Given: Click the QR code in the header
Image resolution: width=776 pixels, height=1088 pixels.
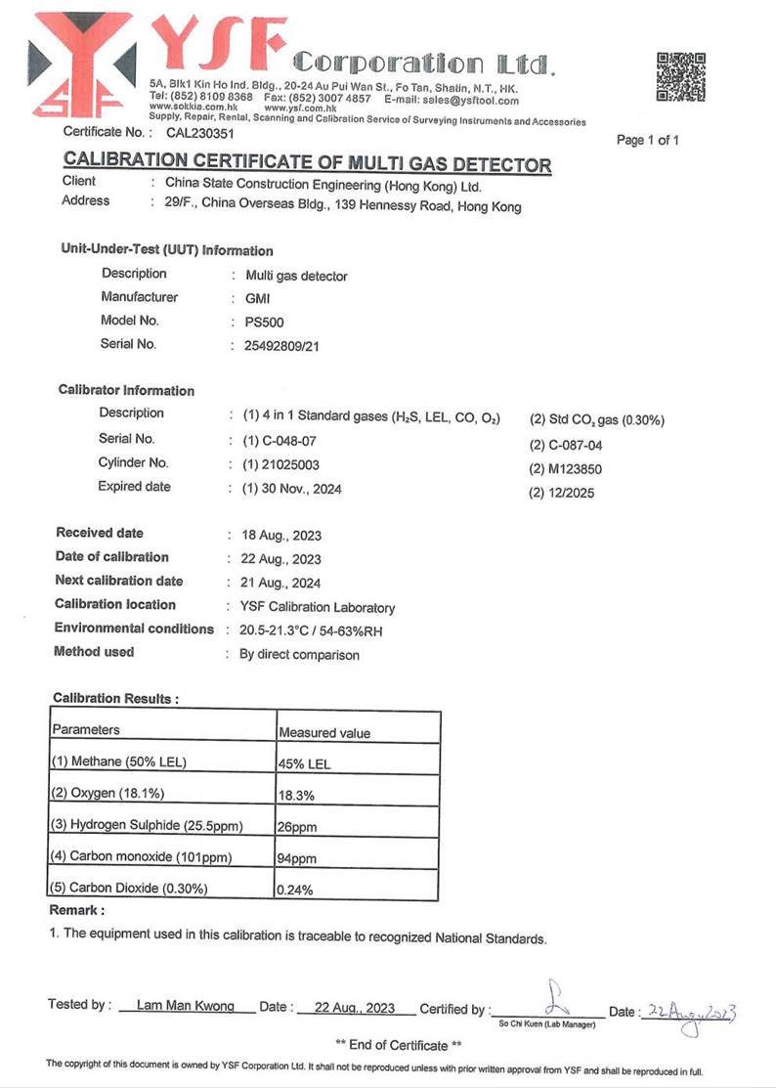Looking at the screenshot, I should pyautogui.click(x=680, y=77).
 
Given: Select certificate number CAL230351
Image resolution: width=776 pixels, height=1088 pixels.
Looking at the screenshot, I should pyautogui.click(x=200, y=132).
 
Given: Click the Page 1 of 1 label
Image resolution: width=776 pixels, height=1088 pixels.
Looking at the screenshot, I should pyautogui.click(x=647, y=140).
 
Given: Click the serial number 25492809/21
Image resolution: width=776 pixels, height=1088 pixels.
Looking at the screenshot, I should pyautogui.click(x=276, y=345).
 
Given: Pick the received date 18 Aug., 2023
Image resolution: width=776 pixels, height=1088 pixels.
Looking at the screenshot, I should pyautogui.click(x=280, y=536).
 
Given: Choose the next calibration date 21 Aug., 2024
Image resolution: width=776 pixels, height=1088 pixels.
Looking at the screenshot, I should pyautogui.click(x=280, y=584).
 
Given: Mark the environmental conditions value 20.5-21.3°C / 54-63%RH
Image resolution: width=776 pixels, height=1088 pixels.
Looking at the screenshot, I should pyautogui.click(x=310, y=631).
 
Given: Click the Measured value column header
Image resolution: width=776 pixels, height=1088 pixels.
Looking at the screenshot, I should pyautogui.click(x=324, y=732).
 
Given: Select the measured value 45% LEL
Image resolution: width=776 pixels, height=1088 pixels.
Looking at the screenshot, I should pyautogui.click(x=304, y=764).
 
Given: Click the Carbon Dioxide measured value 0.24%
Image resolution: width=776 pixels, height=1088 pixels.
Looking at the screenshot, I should pyautogui.click(x=296, y=891).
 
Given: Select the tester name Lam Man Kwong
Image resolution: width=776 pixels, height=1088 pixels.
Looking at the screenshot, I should pyautogui.click(x=186, y=1007).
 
